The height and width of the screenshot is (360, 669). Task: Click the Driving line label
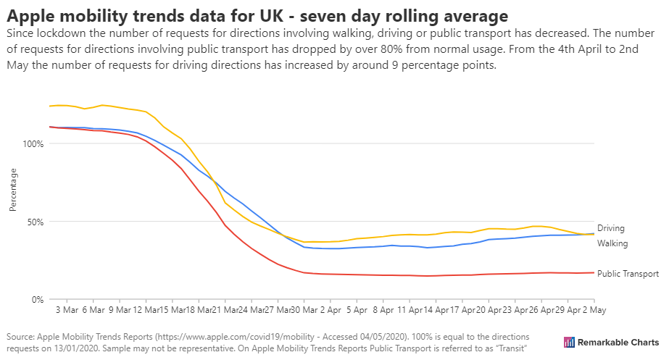point(610,228)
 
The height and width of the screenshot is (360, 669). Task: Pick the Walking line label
point(612,243)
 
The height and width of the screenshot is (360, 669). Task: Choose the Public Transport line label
point(628,274)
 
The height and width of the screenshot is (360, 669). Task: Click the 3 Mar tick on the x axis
point(67,309)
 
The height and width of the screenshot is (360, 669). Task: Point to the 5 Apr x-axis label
point(357,309)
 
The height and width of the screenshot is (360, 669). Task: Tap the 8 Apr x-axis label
point(383,309)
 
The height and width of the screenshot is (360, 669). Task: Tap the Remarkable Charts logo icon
point(569,342)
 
